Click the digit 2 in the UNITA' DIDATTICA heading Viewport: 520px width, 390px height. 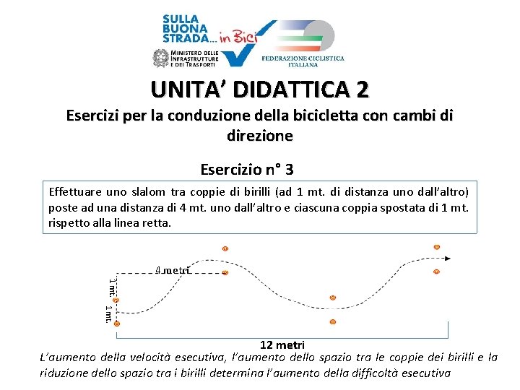click(363, 90)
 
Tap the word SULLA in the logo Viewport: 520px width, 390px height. click(181, 19)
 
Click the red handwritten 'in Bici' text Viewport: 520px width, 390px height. click(238, 37)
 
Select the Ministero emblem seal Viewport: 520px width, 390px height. click(161, 58)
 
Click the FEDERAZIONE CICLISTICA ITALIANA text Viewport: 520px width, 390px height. click(303, 61)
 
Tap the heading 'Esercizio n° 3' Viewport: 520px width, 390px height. click(247, 170)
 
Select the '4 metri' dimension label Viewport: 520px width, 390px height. click(173, 270)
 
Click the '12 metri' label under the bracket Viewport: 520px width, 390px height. click(282, 345)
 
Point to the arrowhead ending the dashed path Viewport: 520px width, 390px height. click(447, 259)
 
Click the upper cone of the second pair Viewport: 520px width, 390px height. click(225, 248)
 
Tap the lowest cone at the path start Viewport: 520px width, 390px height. click(117, 324)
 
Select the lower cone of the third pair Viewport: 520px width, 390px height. click(333, 321)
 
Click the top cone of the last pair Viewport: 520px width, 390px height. click(437, 247)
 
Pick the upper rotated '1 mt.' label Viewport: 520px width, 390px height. click(113, 287)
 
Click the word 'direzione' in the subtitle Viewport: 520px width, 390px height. click(260, 136)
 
